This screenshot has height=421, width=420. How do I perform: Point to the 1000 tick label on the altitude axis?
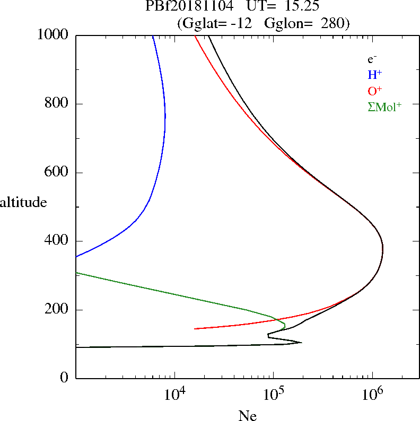click(54, 35)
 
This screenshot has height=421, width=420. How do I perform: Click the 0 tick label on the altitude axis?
click(65, 378)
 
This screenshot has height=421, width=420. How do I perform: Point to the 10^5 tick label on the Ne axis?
click(274, 395)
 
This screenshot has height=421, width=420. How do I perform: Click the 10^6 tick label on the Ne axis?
click(373, 395)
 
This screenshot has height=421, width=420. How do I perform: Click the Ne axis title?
click(247, 416)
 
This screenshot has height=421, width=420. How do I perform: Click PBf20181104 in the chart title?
click(189, 6)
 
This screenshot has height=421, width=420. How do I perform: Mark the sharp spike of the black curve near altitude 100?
click(301, 342)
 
